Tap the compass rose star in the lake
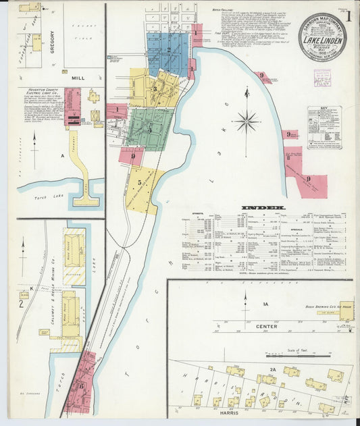tap(247, 122)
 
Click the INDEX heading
tap(261, 207)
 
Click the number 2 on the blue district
tap(168, 49)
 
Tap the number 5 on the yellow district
tap(139, 182)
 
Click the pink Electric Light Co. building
tap(72, 108)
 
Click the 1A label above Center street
tap(265, 304)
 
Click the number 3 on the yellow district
tap(154, 88)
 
